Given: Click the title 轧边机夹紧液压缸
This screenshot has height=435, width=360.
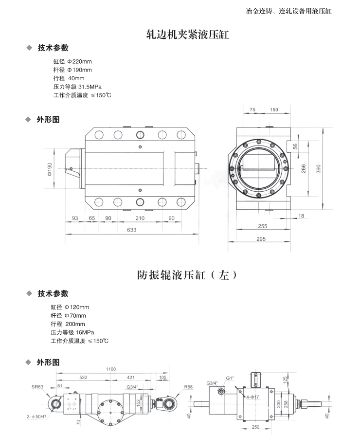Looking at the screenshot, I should (187, 35).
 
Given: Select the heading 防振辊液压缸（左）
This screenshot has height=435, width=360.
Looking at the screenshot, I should (187, 275).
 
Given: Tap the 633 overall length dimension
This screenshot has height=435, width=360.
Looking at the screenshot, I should (132, 230).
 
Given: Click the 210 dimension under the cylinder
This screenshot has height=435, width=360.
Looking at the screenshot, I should (140, 218).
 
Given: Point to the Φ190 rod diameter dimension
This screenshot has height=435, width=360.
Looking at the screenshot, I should (50, 169).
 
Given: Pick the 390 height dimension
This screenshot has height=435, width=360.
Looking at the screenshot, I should (332, 168).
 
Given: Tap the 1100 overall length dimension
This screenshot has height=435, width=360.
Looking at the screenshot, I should (111, 369).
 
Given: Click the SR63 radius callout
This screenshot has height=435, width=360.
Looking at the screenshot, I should (38, 387).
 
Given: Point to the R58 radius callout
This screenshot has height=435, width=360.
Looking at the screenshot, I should (189, 387).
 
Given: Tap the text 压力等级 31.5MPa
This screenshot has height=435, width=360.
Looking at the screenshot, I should (81, 87).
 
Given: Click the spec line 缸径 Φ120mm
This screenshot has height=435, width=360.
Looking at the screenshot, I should (70, 307).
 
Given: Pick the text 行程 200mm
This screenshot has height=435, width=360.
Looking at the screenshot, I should (68, 324).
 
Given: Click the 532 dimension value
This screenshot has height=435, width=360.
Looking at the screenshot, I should (83, 377).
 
